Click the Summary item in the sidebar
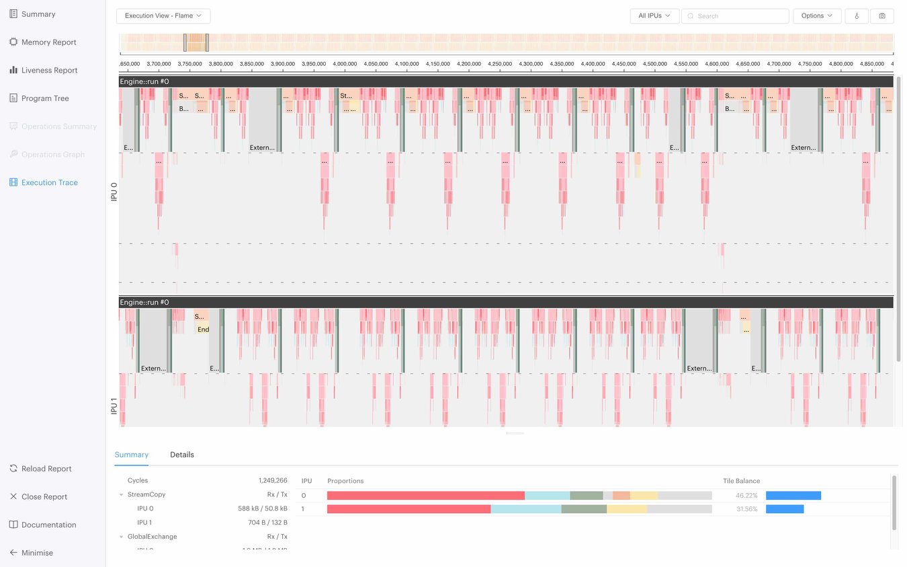click(x=38, y=14)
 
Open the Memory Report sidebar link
click(x=48, y=42)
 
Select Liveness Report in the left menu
click(x=49, y=71)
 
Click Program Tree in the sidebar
click(x=45, y=98)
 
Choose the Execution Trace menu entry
click(x=49, y=183)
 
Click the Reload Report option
click(x=46, y=469)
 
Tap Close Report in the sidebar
click(x=44, y=497)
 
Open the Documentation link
click(x=48, y=525)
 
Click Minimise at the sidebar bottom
click(x=37, y=553)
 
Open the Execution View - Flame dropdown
click(x=163, y=16)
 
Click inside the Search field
click(x=739, y=16)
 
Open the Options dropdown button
click(x=817, y=16)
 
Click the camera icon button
click(x=881, y=16)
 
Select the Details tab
click(x=182, y=455)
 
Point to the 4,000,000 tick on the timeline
click(x=345, y=64)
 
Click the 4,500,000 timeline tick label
click(x=655, y=64)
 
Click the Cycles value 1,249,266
click(x=273, y=481)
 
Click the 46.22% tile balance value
click(x=746, y=496)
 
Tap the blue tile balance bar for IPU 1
click(x=785, y=509)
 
